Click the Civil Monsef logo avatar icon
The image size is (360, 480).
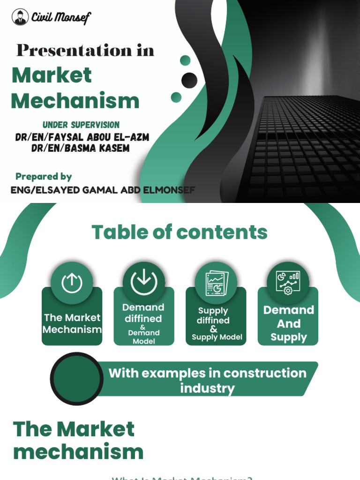pos(20,18)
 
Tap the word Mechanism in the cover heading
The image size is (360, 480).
pos(75,101)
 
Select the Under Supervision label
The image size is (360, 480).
pos(81,125)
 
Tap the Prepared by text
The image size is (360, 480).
pos(44,177)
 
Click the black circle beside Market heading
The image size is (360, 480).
pos(189,80)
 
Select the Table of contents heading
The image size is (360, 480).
pos(180,232)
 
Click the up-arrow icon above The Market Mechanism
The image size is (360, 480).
pos(72,282)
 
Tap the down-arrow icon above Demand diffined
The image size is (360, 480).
pos(144,282)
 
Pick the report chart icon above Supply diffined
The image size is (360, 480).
pos(216,283)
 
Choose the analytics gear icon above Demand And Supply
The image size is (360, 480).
pos(288,282)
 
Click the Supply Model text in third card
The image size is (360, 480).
pos(217,337)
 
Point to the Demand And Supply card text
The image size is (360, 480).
pos(288,323)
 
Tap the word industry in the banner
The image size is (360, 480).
pos(207,388)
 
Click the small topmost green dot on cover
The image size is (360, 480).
pos(185,60)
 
